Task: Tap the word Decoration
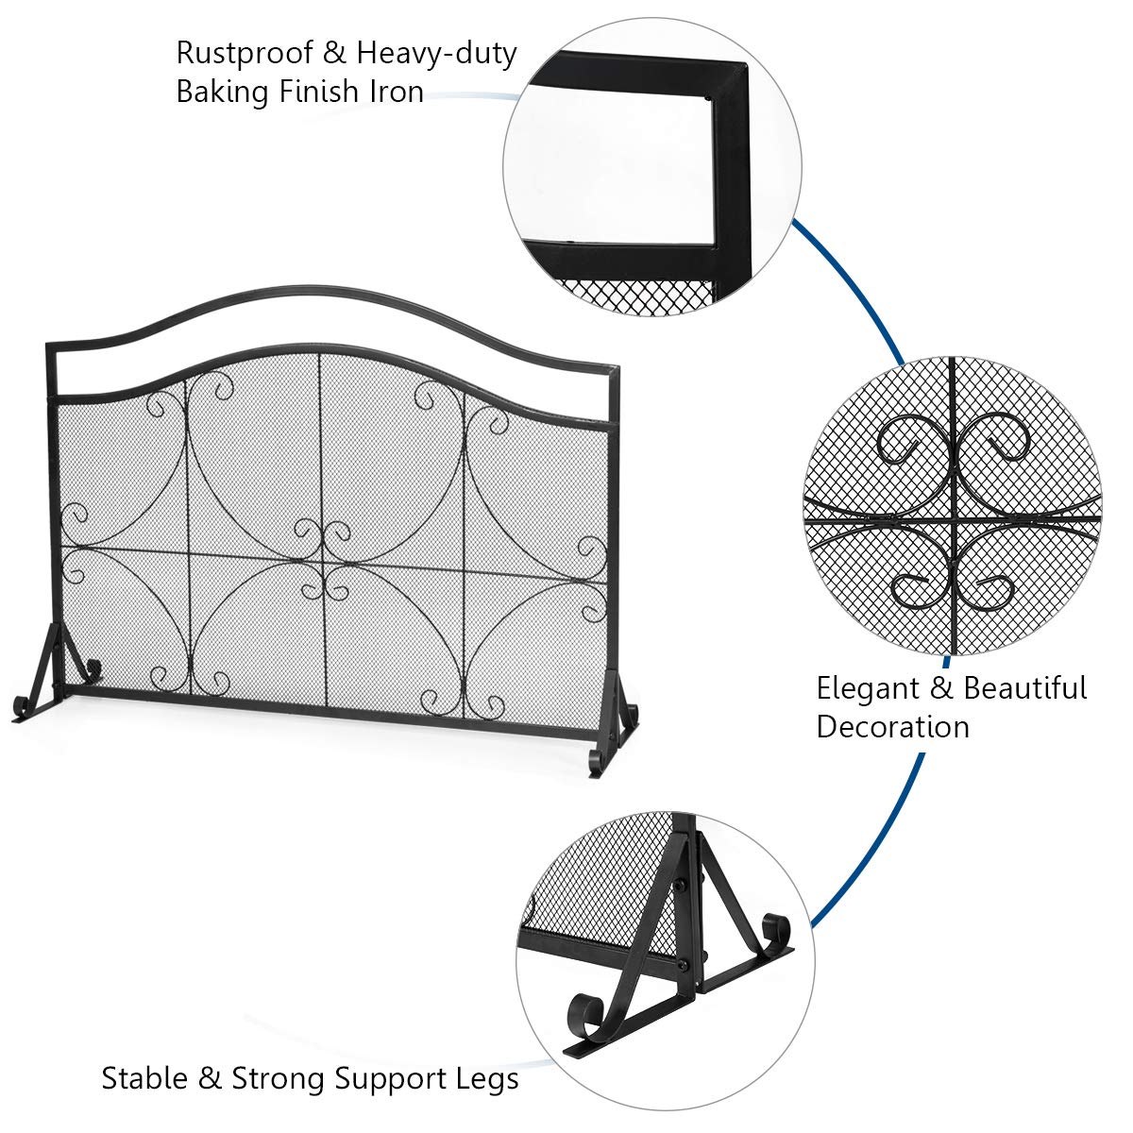click(892, 727)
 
